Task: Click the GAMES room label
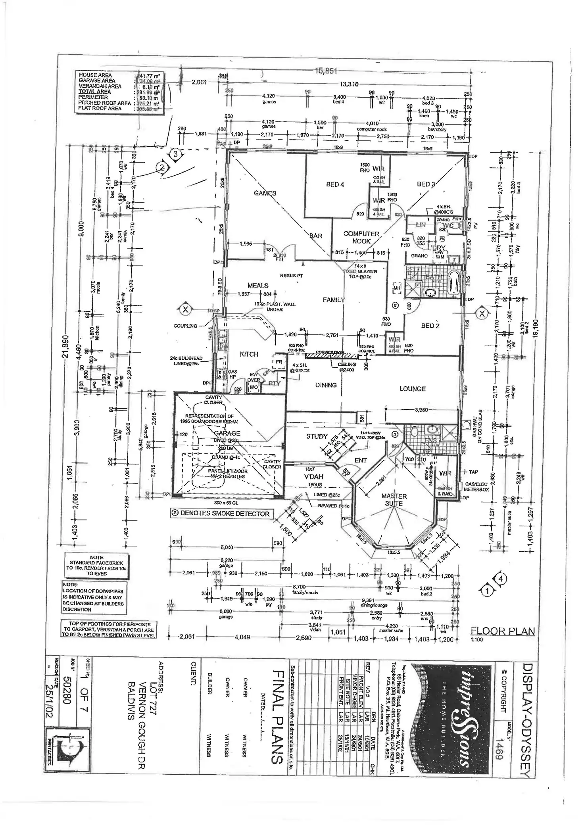point(265,193)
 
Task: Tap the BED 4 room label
point(335,184)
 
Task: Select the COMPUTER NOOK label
point(361,237)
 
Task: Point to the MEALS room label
point(258,285)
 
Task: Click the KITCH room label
point(249,354)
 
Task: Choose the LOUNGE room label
point(413,389)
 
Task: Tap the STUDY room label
point(317,437)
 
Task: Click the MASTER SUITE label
point(394,500)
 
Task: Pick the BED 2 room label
point(430,326)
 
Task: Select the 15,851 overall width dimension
point(326,71)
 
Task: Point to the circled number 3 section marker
point(175,153)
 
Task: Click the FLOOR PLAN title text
point(502,631)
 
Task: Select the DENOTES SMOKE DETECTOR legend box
point(221,513)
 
